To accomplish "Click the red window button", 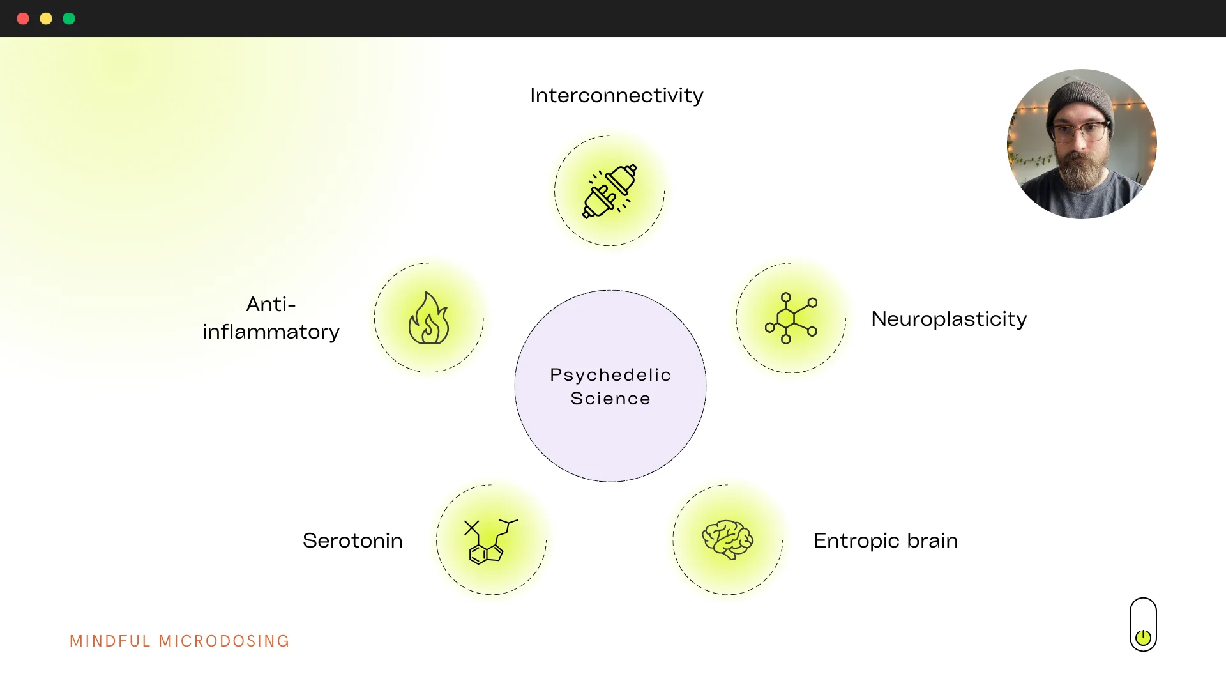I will coord(23,19).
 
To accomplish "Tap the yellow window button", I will coord(46,19).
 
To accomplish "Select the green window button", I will coord(69,19).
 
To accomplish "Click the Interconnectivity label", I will coord(616,95).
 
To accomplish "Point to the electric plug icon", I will coord(610,191).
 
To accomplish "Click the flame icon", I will coord(429,318).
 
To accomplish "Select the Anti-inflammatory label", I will coord(271,318).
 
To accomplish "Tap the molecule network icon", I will coord(791,318).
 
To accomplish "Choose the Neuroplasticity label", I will coord(949,319).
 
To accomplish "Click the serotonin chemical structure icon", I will coord(490,541).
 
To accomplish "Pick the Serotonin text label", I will coord(352,540).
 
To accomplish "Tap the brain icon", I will coord(727,540).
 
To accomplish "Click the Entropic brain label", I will coord(885,540).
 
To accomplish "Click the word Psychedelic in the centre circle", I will coord(610,374).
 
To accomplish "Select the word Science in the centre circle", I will coord(610,399).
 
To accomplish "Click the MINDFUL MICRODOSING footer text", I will coord(179,641).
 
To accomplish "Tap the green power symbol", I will coord(1143,637).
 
